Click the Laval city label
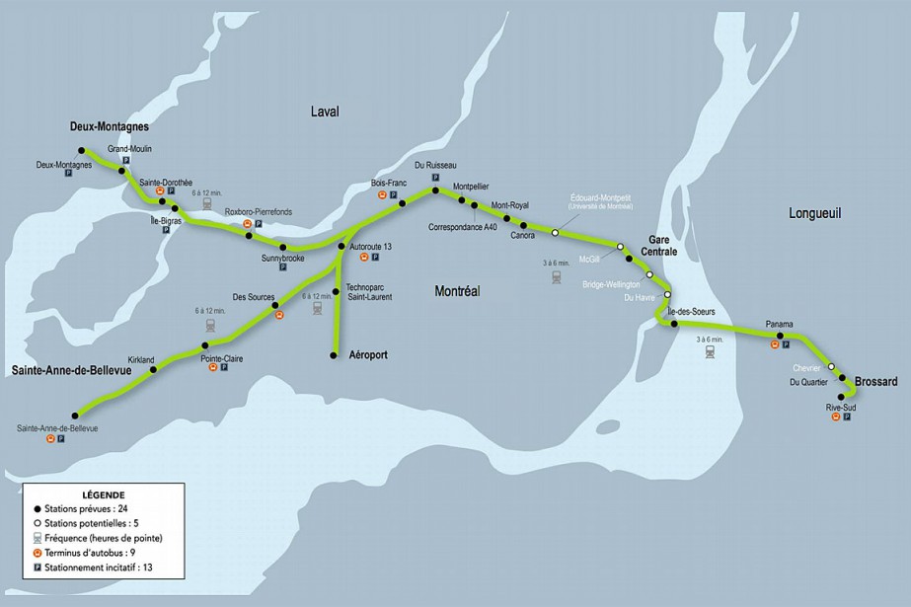click(x=323, y=112)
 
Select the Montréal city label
click(x=456, y=290)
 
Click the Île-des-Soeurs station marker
click(x=675, y=323)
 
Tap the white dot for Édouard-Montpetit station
click(x=555, y=233)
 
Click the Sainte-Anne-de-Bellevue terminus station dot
click(x=75, y=417)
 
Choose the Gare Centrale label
click(x=661, y=246)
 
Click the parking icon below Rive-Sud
click(x=847, y=417)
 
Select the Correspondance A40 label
click(x=463, y=227)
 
